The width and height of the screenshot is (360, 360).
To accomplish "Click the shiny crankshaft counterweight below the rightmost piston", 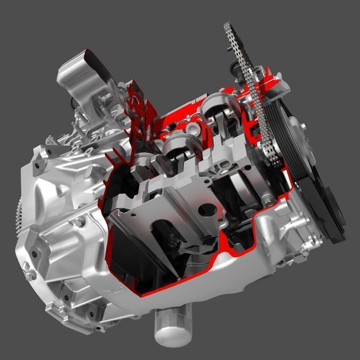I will (x=239, y=184).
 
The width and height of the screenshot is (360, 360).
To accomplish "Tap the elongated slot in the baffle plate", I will (x=162, y=234).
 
